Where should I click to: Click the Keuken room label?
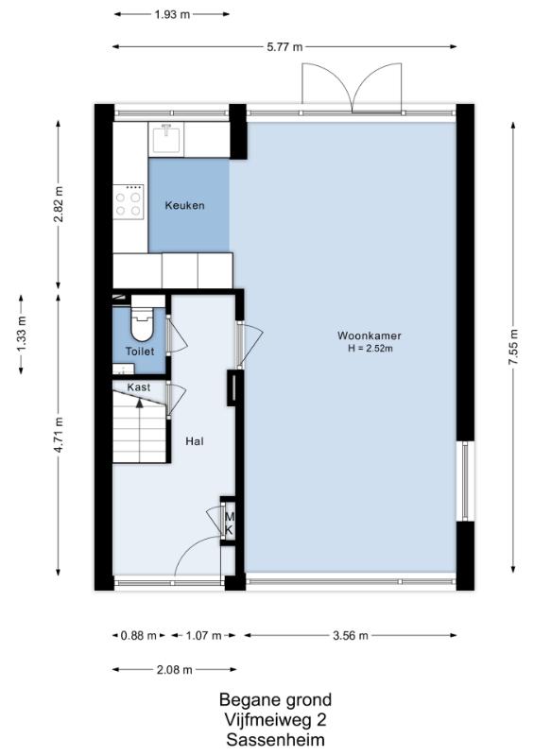click(x=184, y=205)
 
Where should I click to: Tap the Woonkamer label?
click(x=370, y=335)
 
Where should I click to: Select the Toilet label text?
click(x=140, y=352)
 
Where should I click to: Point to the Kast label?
click(x=139, y=387)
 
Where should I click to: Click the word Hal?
click(x=195, y=441)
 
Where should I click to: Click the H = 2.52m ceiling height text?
click(x=370, y=349)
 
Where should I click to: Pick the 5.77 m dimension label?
click(x=284, y=46)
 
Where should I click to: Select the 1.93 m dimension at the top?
click(x=172, y=14)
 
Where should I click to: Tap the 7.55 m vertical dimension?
click(x=513, y=347)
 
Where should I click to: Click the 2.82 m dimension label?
click(x=59, y=204)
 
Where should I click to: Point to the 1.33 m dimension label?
click(x=21, y=335)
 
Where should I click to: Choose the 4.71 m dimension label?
click(x=59, y=435)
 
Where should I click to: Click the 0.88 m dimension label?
click(x=138, y=635)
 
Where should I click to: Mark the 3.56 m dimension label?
click(x=351, y=635)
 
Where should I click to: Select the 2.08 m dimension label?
click(x=175, y=670)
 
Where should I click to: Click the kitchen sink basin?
click(x=167, y=139)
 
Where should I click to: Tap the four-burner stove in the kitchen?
click(x=129, y=202)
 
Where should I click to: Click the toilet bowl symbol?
click(x=142, y=324)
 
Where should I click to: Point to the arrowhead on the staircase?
click(x=140, y=403)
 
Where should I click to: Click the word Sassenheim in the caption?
click(x=275, y=740)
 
